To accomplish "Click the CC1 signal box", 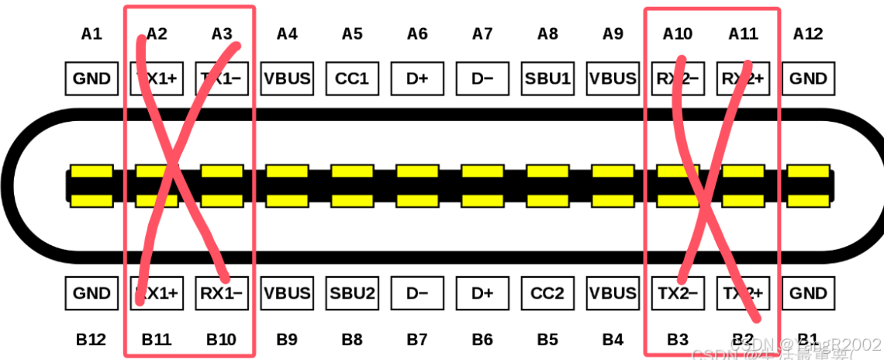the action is coord(352,78).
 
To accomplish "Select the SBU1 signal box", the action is coord(547,78).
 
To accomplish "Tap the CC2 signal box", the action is coord(547,293).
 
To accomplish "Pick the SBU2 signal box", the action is coord(352,293).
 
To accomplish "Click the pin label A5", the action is coord(352,33).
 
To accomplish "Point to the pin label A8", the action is coord(547,33).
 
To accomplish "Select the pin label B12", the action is coord(92,339).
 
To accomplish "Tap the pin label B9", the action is coord(287,339).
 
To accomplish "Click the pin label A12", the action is coord(808,33).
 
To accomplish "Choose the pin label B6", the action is coord(482,339).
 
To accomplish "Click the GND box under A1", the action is coord(92,78).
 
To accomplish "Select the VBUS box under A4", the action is coord(287,78).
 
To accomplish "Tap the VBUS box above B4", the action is coord(613,293).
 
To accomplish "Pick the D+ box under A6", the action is coord(417,78).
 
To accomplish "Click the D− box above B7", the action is coord(417,293).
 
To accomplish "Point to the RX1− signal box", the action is coord(222,293).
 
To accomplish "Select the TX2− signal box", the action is coord(678,293).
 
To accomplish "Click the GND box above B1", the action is coord(808,293).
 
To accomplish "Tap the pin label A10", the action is coord(678,33).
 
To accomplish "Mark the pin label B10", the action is coord(222,339).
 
